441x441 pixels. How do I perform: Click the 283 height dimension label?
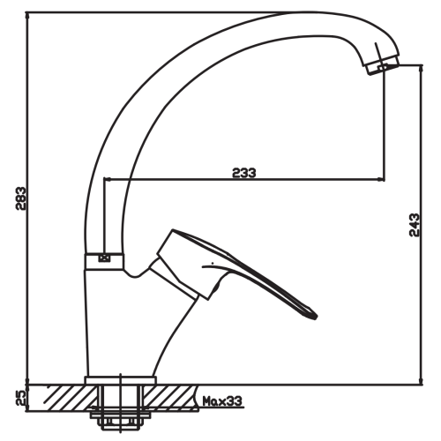point(21,198)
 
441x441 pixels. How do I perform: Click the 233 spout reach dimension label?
point(244,173)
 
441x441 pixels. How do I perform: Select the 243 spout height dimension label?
point(415,225)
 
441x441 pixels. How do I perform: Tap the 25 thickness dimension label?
point(21,398)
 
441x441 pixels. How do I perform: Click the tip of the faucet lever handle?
point(315,318)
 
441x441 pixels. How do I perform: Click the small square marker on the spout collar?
point(104,258)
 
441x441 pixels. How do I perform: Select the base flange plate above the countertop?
point(120,380)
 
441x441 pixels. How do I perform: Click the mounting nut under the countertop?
point(120,422)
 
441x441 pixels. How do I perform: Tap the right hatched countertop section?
point(170,398)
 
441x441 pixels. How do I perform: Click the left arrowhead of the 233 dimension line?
point(108,179)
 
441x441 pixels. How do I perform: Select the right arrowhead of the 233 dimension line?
point(381,179)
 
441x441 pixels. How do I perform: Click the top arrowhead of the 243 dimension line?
point(422,68)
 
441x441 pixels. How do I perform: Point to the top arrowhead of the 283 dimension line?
point(27,16)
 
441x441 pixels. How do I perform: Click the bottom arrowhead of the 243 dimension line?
point(422,381)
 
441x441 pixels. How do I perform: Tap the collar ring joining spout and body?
point(104,261)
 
